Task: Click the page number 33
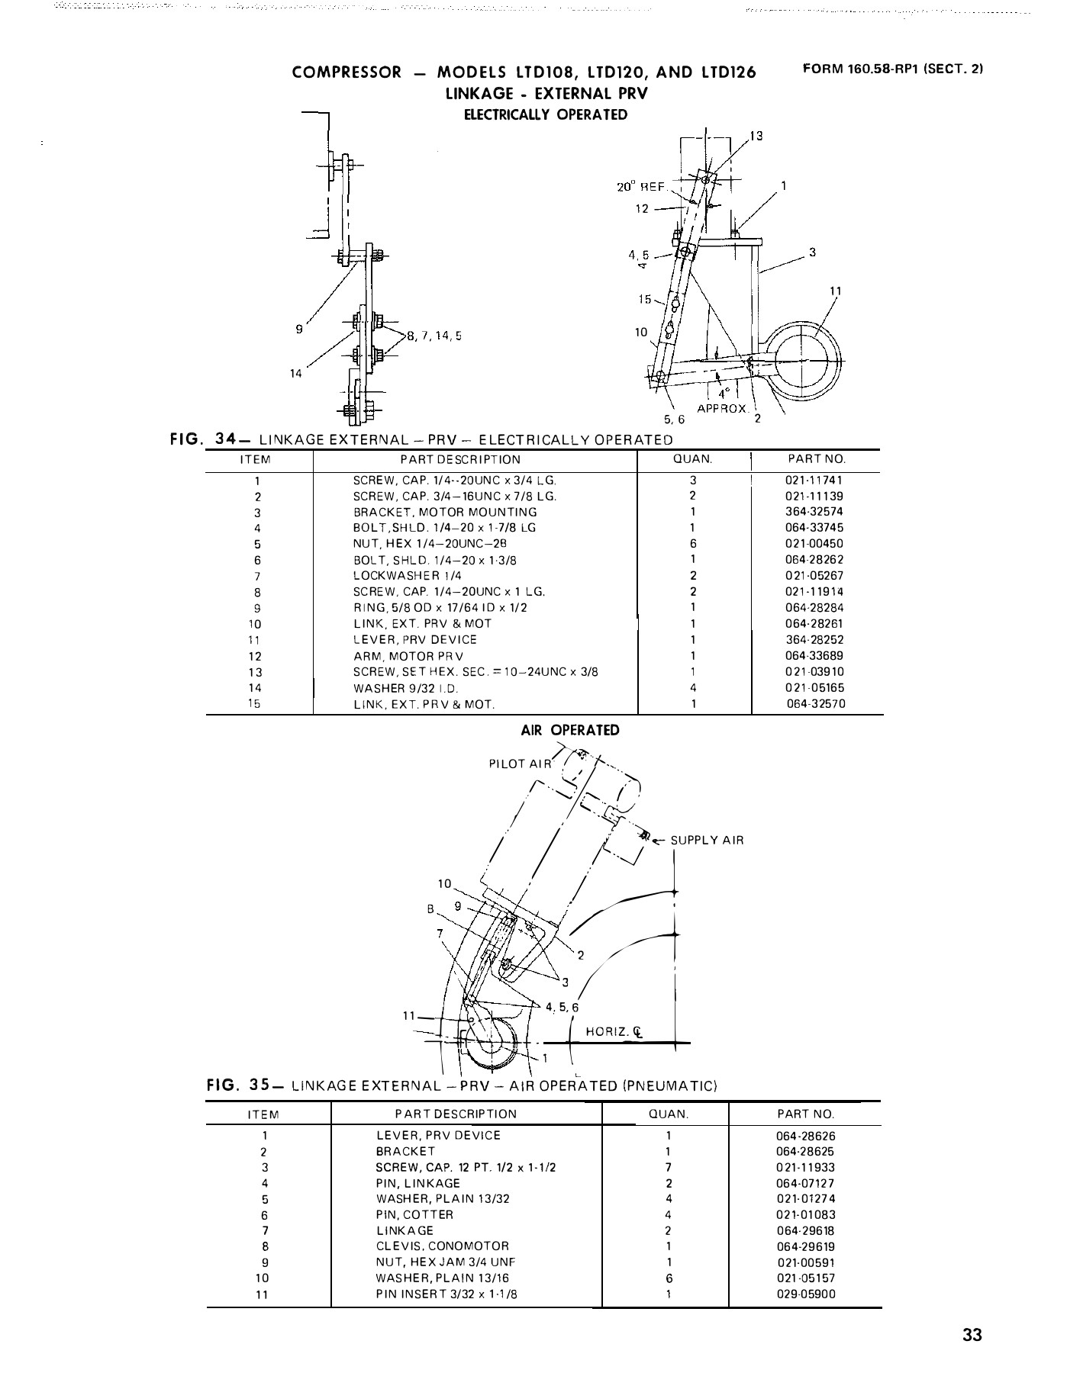972,1335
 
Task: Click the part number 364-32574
814,512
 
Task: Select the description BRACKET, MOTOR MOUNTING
445,513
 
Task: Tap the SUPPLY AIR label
707,841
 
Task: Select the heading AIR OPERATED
570,730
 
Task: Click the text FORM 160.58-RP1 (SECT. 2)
893,69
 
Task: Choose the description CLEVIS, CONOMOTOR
442,1246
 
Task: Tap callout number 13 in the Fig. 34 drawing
756,137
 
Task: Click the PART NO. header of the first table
816,460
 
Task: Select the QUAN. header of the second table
668,1114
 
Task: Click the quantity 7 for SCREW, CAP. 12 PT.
668,1167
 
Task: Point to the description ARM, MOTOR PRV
408,656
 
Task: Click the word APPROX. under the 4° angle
723,409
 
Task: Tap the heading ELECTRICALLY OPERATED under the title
546,115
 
